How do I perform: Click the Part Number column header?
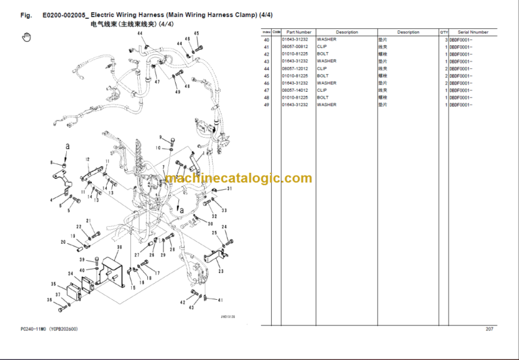click(x=299, y=32)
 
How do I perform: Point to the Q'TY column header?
click(x=444, y=32)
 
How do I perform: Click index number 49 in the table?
click(x=266, y=105)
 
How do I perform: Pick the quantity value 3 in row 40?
click(x=446, y=40)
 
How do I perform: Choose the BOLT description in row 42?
click(x=323, y=54)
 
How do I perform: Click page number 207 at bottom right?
click(x=490, y=329)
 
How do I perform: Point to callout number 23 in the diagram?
click(x=220, y=271)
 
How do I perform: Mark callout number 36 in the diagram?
click(x=49, y=300)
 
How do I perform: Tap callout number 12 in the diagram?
click(x=87, y=159)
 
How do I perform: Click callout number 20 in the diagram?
click(x=63, y=242)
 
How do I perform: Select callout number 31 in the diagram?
click(x=229, y=189)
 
